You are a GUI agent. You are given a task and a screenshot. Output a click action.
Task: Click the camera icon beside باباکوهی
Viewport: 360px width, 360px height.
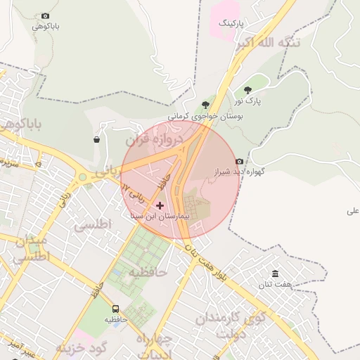[x=46, y=15]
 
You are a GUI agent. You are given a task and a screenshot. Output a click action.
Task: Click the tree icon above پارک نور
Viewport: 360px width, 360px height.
[x=247, y=90]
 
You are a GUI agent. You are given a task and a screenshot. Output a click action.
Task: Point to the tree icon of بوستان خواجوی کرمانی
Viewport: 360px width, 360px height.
[x=205, y=105]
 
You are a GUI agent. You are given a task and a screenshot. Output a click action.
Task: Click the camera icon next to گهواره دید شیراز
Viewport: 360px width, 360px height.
[x=240, y=161]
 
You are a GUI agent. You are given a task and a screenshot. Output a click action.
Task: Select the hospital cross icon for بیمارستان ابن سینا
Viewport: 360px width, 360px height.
[x=160, y=205]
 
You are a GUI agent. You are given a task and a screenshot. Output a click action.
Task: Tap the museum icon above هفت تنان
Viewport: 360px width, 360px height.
[x=274, y=274]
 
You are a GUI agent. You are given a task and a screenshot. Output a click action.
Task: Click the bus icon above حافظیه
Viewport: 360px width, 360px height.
[x=115, y=309]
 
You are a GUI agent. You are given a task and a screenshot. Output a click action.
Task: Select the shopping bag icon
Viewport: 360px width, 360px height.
[x=96, y=139]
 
